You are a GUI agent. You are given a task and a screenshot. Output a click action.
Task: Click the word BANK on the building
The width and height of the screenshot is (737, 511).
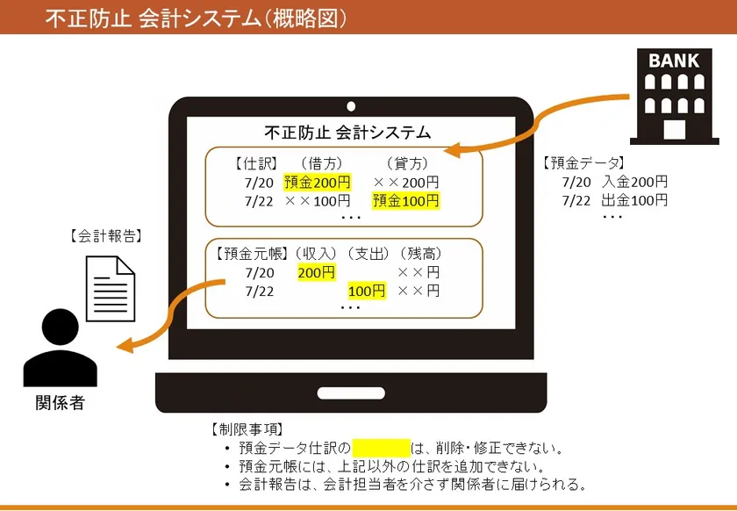[674, 61]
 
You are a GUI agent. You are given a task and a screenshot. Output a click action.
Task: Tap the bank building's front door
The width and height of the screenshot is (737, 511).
[675, 129]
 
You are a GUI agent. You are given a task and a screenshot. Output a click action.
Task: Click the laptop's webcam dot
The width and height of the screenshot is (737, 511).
[351, 106]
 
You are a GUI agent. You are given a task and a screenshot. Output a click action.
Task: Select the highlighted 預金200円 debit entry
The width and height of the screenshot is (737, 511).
[318, 182]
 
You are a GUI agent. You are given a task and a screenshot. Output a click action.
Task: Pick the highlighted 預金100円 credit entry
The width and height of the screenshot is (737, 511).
[405, 201]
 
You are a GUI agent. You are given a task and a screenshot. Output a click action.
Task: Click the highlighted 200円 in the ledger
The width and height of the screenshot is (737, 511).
[317, 272]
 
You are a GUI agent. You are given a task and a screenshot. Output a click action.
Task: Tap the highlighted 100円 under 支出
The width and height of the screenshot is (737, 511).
[367, 291]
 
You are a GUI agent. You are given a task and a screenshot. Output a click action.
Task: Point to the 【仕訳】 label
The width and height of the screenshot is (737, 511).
[256, 163]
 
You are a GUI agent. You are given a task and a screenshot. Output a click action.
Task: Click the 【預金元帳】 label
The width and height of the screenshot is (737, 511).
[251, 254]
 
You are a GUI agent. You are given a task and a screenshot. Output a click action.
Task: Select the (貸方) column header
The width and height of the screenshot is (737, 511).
[407, 163]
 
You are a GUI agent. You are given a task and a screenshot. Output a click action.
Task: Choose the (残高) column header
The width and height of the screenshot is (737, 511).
[420, 254]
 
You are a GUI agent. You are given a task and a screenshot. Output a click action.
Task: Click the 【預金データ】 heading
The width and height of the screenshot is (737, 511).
[583, 163]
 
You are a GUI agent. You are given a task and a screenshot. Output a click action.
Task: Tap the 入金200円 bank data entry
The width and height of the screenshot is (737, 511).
[634, 182]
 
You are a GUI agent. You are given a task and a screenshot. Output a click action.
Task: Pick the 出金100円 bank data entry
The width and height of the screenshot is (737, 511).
[634, 200]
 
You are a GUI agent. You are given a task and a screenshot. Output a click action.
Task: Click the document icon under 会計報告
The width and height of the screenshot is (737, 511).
[111, 289]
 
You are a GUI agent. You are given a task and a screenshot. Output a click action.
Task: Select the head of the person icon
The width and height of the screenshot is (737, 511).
[61, 327]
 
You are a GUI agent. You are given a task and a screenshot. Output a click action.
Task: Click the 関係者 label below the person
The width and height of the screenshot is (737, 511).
[61, 403]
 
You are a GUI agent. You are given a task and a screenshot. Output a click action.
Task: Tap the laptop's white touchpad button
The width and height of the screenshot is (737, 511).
[351, 392]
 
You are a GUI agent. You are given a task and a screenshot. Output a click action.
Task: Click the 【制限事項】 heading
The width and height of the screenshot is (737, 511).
[247, 429]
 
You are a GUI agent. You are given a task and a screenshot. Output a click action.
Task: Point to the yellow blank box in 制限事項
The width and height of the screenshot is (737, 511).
[381, 448]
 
